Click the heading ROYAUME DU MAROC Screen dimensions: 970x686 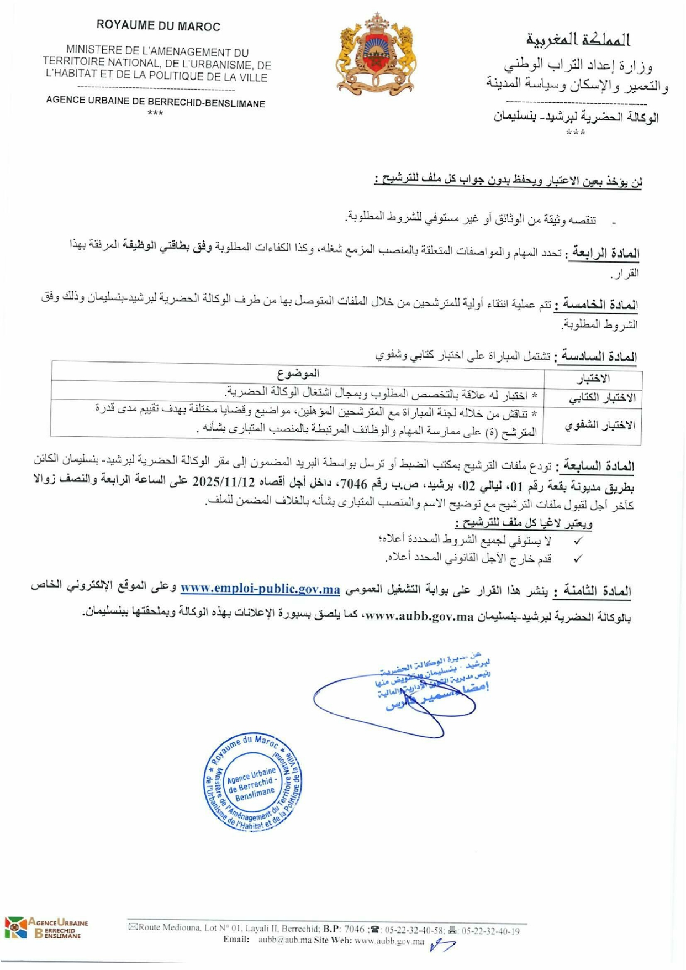[158, 26]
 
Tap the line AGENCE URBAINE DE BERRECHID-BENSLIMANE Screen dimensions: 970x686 [155, 102]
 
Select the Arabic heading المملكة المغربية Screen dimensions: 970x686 [578, 40]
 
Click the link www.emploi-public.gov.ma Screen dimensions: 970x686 [260, 589]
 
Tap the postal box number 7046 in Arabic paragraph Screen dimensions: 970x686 [353, 485]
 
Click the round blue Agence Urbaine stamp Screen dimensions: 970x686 [252, 782]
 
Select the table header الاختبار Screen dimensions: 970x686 [593, 379]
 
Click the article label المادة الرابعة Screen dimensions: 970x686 [604, 254]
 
